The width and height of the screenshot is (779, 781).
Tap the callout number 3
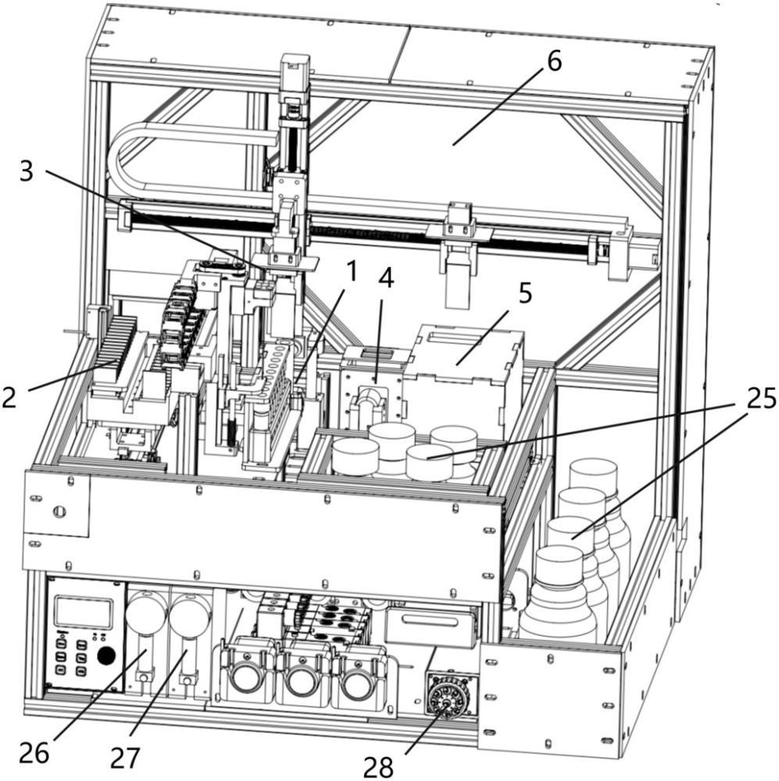point(27,172)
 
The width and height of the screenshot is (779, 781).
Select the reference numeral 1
point(352,273)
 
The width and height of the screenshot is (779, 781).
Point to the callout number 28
point(378,766)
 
